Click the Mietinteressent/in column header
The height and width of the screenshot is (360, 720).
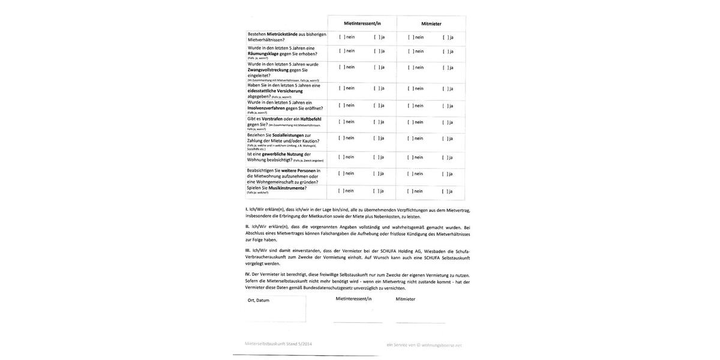(362, 23)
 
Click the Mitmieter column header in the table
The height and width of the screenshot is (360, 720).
(431, 23)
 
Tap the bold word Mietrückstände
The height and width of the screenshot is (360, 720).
(282, 34)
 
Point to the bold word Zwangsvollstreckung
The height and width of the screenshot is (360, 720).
(268, 70)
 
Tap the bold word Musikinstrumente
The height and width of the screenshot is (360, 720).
(287, 188)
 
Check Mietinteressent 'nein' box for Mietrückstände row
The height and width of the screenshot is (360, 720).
(341, 37)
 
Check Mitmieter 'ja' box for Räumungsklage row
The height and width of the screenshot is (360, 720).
(445, 51)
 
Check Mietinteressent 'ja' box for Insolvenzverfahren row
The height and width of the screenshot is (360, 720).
(376, 106)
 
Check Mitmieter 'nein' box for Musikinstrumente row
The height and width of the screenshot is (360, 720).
(410, 191)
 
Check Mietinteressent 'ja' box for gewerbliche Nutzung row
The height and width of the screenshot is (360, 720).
(376, 157)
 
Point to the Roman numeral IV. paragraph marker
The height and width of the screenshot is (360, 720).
(248, 274)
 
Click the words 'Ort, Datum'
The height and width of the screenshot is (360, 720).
(259, 300)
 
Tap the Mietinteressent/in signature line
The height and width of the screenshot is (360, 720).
(358, 322)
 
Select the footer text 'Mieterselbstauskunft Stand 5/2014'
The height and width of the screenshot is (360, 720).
(278, 344)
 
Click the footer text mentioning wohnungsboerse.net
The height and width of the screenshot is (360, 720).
(424, 345)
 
